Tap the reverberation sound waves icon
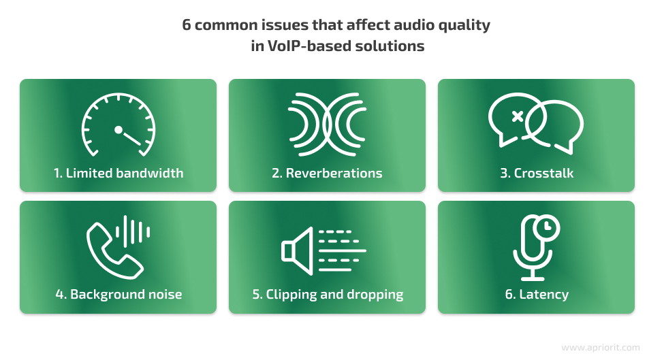(x=327, y=124)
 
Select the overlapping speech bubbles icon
(x=536, y=124)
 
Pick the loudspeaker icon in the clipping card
(x=297, y=250)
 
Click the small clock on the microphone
(x=547, y=227)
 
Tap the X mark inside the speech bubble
(x=518, y=116)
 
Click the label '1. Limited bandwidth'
(x=119, y=174)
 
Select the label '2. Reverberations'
(x=327, y=174)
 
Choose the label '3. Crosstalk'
(x=537, y=174)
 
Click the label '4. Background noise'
(x=119, y=295)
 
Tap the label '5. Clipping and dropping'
(x=328, y=295)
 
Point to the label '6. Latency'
(x=537, y=295)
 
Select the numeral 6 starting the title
(x=187, y=25)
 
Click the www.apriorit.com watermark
(x=601, y=348)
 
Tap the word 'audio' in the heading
(x=414, y=24)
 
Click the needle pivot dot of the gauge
(x=119, y=130)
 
